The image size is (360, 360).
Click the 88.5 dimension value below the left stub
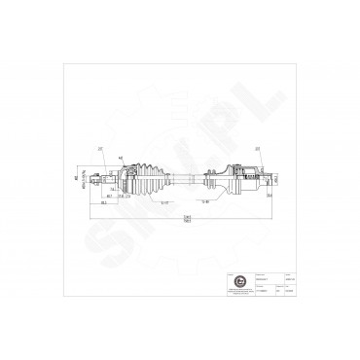104,203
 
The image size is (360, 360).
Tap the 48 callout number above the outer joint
121,157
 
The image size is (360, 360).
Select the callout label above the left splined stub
100,149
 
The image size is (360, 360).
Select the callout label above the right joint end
257,149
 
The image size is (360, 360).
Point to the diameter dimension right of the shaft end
276,179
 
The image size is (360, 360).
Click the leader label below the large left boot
165,202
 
